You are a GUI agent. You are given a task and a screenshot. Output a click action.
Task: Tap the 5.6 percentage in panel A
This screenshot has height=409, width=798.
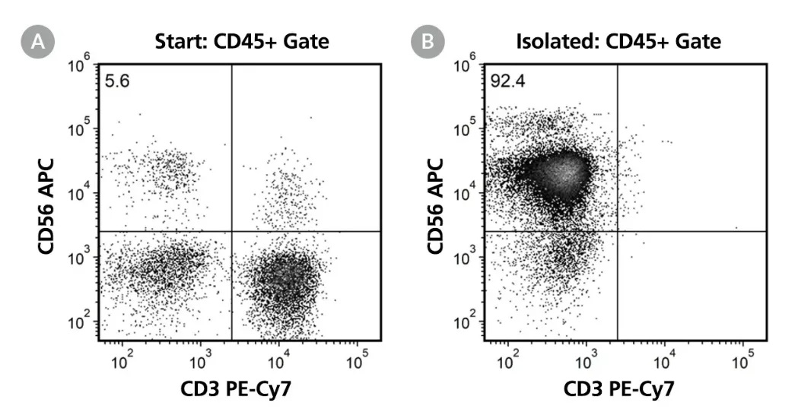coord(117,79)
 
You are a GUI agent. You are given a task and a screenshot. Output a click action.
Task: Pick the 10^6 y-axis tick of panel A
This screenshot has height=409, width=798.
coord(79,67)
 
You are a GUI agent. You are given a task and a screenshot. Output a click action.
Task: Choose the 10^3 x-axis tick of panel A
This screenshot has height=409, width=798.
coord(200,358)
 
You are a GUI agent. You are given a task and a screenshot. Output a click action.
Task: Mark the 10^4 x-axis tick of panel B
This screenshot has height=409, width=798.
coord(664,358)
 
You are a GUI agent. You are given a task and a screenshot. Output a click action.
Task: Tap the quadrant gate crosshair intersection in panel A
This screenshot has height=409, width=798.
coord(231,231)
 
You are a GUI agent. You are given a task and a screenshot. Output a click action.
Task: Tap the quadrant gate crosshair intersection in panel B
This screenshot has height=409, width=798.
coord(617,231)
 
